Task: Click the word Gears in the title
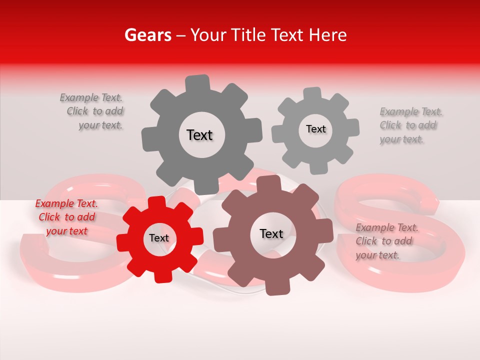(x=146, y=35)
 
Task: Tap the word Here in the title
(x=328, y=35)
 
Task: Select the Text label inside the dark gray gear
(x=199, y=135)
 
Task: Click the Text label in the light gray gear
(x=315, y=129)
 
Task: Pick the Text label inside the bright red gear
(x=159, y=238)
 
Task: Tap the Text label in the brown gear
(x=271, y=233)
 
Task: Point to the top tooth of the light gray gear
(x=312, y=93)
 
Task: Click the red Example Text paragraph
(x=66, y=217)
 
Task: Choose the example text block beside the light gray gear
(x=410, y=125)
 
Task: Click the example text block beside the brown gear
(x=386, y=241)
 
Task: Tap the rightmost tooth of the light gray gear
(x=353, y=127)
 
